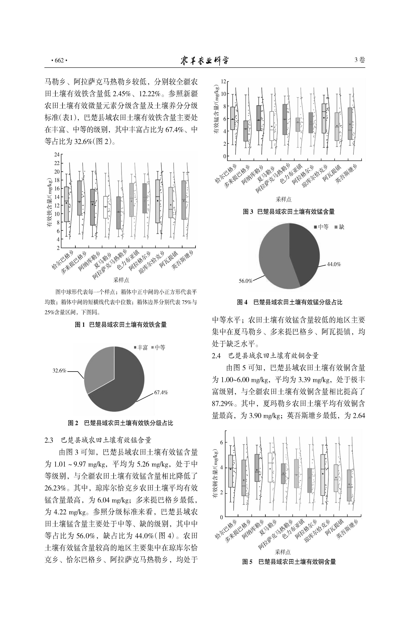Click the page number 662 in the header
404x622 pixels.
[x=59, y=61]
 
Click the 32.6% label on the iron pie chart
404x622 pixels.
[x=59, y=370]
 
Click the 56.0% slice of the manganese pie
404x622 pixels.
[x=274, y=256]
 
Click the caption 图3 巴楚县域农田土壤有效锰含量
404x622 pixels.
[x=289, y=212]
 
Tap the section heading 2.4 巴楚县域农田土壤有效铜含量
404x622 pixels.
[x=265, y=356]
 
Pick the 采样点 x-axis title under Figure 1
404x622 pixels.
[x=121, y=280]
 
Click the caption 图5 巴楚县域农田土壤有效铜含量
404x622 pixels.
[x=289, y=561]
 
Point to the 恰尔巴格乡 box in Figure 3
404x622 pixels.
[x=232, y=118]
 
